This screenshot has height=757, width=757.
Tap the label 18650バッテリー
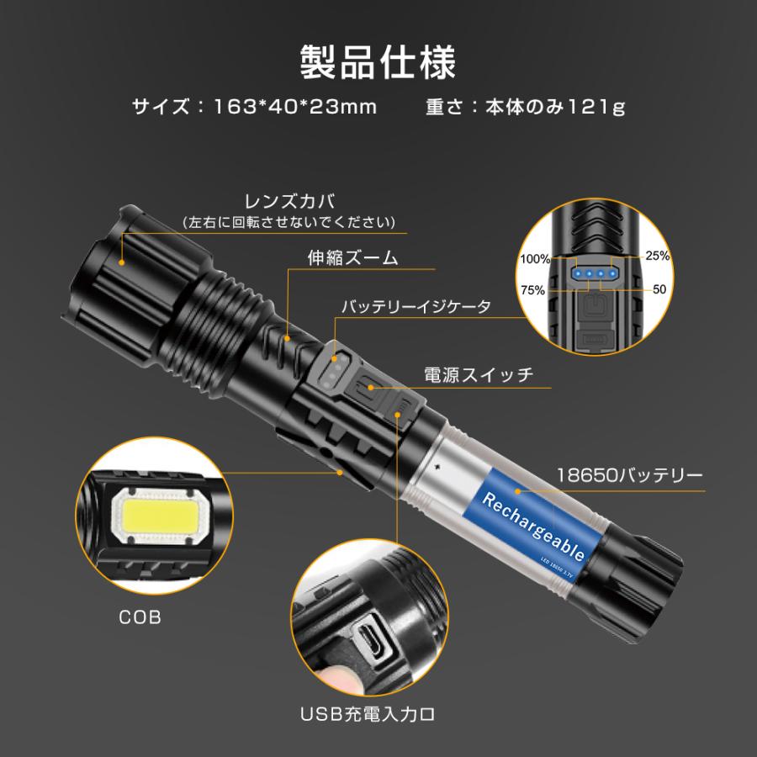pos(630,475)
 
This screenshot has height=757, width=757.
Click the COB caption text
pos(139,617)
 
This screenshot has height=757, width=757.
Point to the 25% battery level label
pos(659,255)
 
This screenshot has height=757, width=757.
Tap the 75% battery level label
pos(533,289)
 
